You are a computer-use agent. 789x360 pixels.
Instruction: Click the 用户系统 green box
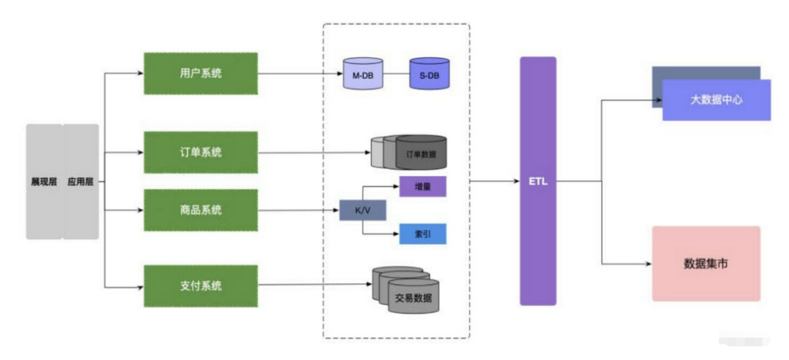click(x=201, y=73)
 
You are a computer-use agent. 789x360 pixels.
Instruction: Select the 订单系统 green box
click(x=201, y=153)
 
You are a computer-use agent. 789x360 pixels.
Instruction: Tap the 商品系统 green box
click(x=201, y=210)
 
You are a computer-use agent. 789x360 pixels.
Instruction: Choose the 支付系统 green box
click(x=201, y=286)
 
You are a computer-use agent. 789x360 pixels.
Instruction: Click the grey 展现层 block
click(x=44, y=181)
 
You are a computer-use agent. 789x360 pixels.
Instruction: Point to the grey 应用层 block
click(x=81, y=181)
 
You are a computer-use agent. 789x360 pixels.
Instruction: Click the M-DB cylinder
click(x=362, y=74)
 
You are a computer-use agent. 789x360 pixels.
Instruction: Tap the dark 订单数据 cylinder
click(x=421, y=153)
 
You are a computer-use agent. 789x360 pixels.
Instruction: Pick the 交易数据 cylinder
click(x=413, y=296)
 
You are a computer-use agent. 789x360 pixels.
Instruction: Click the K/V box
click(x=362, y=210)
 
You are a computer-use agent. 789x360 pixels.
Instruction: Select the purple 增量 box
click(x=422, y=187)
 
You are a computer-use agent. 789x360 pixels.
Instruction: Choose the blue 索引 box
click(x=422, y=234)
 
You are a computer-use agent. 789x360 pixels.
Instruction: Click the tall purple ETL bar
click(x=538, y=181)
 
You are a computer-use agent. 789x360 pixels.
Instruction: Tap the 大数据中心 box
click(x=716, y=100)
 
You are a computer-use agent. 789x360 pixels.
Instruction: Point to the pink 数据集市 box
click(x=706, y=264)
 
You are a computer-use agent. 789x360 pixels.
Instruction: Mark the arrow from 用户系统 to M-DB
click(x=300, y=74)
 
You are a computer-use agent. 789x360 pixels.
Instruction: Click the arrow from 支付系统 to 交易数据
click(x=314, y=286)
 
